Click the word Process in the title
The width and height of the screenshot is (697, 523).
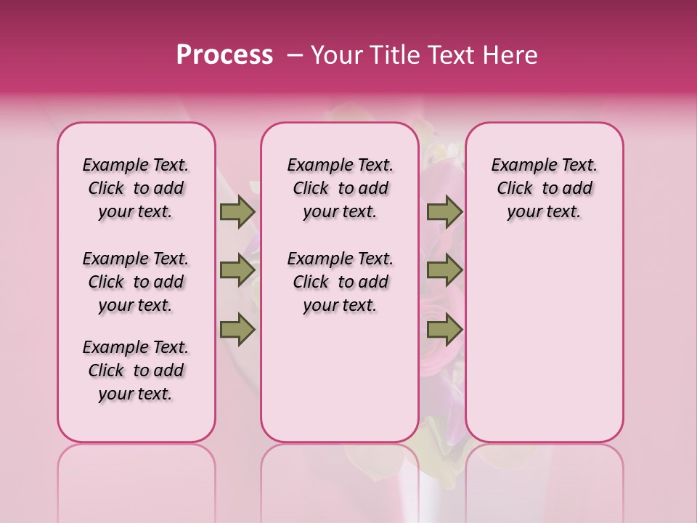point(224,55)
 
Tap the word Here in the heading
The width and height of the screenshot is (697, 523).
point(511,55)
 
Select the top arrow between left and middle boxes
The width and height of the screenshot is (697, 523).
point(237,211)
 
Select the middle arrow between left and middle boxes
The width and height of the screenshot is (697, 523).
point(237,270)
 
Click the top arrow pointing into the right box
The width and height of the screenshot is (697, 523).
point(444,211)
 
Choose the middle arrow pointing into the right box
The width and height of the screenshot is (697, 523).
point(444,270)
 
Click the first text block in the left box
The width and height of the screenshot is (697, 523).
point(136,188)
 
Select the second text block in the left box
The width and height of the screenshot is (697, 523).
point(136,282)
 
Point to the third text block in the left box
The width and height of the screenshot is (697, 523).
point(136,370)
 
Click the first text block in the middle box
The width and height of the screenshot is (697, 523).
point(340,188)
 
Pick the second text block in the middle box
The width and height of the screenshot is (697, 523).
point(340,282)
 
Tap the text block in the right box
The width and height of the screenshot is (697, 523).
point(544,188)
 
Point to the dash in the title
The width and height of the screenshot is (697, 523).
point(294,55)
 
